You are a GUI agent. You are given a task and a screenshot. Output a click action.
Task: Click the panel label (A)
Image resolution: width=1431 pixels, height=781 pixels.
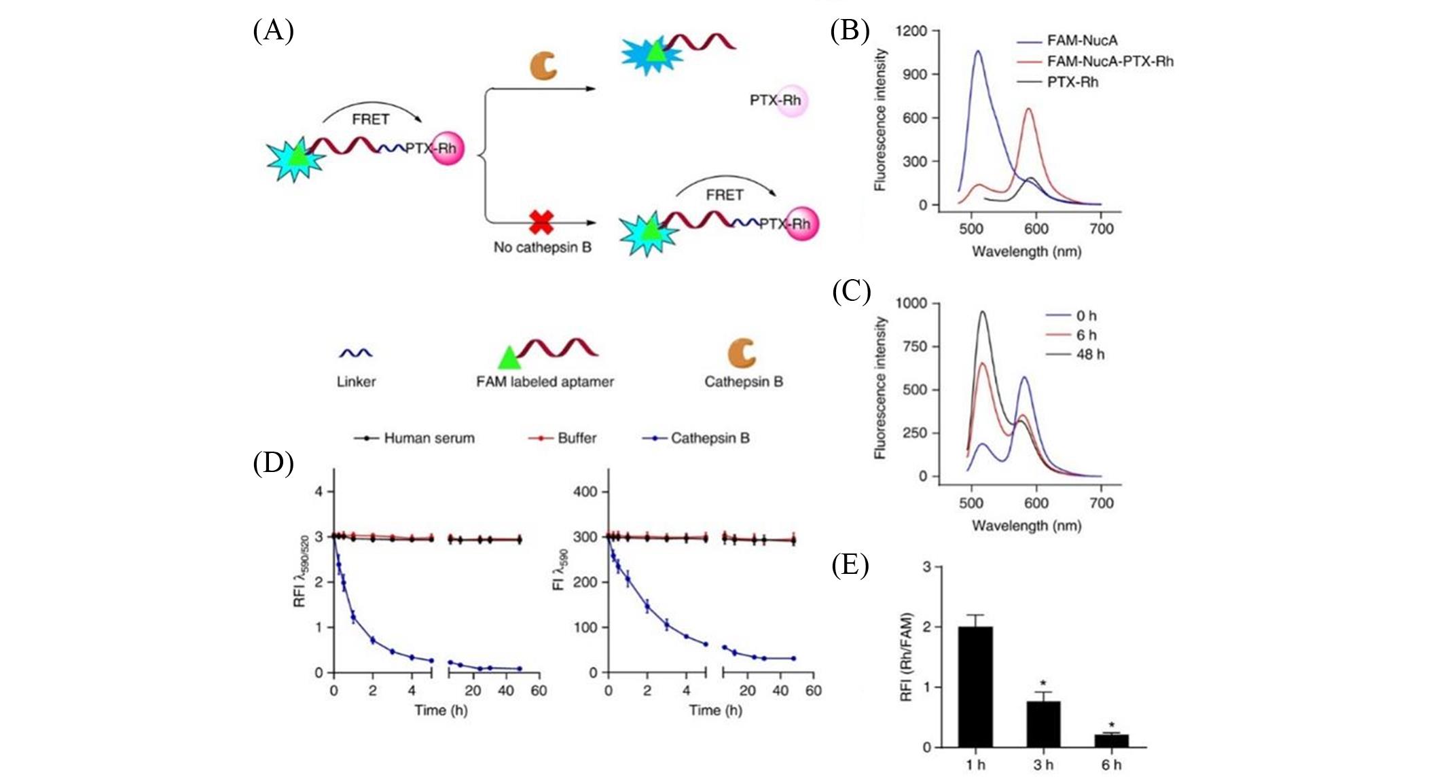pyautogui.click(x=273, y=31)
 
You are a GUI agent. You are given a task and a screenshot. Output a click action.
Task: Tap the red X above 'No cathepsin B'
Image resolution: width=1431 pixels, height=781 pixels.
pyautogui.click(x=541, y=222)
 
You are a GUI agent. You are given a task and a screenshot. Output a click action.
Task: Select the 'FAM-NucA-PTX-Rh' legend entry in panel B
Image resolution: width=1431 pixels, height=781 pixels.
pyautogui.click(x=1110, y=61)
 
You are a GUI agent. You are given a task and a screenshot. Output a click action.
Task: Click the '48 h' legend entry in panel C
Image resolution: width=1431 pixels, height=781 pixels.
pyautogui.click(x=1090, y=354)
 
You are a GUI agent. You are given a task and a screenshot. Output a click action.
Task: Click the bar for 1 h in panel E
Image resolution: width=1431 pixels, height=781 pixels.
pyautogui.click(x=975, y=686)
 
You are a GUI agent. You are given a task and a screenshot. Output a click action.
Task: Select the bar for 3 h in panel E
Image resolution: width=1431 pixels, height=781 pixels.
pyautogui.click(x=1043, y=723)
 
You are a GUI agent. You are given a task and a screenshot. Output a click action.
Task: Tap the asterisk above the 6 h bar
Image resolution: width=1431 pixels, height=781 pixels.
pyautogui.click(x=1111, y=725)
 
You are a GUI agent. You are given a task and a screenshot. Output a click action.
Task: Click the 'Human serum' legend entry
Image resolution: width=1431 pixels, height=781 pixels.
pyautogui.click(x=429, y=438)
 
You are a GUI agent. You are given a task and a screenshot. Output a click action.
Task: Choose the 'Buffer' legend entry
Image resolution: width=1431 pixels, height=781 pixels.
pyautogui.click(x=577, y=438)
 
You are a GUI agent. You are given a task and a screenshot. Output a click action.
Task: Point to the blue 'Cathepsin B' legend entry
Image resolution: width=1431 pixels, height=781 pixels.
pyautogui.click(x=710, y=438)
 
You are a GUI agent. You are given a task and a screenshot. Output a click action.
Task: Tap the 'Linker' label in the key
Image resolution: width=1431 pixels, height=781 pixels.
pyautogui.click(x=356, y=382)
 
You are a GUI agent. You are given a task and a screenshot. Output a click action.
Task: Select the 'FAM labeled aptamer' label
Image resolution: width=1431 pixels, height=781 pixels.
pyautogui.click(x=545, y=382)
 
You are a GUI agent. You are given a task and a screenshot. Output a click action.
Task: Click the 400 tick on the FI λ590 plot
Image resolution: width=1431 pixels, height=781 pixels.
pyautogui.click(x=585, y=492)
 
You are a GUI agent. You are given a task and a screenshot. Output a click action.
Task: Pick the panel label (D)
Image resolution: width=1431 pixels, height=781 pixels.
pyautogui.click(x=273, y=463)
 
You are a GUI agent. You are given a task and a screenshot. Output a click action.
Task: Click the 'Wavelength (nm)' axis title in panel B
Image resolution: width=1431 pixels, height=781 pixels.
pyautogui.click(x=1026, y=251)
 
